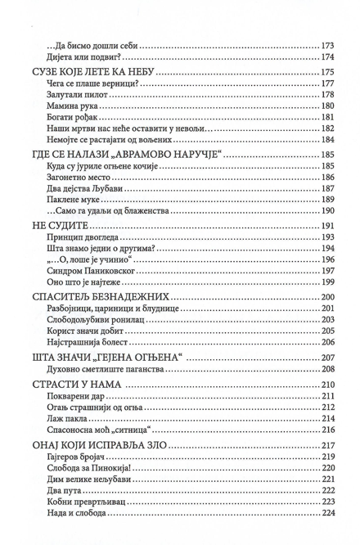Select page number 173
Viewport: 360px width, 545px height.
[328, 45]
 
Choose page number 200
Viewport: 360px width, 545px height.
[328, 296]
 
